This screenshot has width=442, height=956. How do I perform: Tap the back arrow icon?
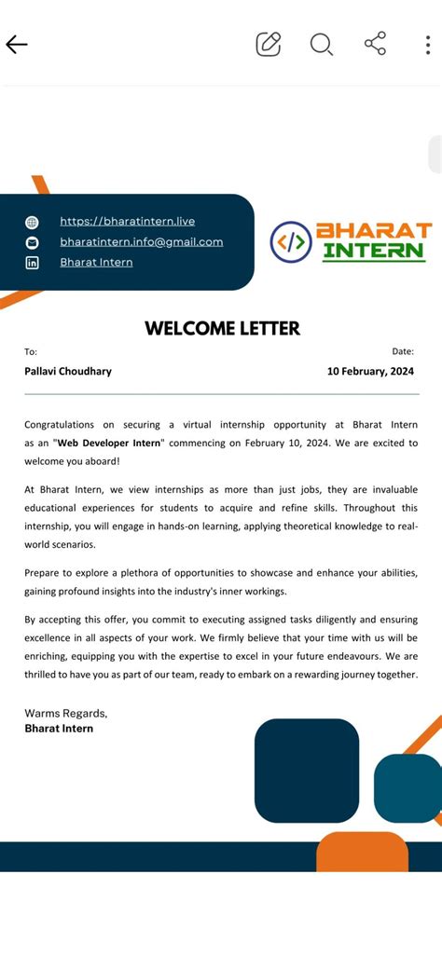17,44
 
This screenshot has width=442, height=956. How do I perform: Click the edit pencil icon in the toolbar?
269,44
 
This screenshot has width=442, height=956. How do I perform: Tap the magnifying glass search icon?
322,44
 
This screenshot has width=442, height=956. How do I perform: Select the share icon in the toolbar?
375,44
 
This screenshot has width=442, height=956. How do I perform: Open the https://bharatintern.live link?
127,221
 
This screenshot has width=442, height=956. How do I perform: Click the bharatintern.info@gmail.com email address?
141,241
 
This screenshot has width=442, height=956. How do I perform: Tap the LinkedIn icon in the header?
32,263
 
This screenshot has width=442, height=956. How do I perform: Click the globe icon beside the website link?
32,222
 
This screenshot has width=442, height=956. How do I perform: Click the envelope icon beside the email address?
32,242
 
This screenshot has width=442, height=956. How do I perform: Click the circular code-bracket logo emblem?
290,242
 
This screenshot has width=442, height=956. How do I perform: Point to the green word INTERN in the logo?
373,251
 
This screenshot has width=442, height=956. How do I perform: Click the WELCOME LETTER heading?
222,328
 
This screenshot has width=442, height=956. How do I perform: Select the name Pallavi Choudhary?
68,371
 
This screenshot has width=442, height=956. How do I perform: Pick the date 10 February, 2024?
370,371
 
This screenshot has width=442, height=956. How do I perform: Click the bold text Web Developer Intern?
108,443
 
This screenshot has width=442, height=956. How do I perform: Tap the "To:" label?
31,351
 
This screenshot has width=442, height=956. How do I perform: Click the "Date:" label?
403,351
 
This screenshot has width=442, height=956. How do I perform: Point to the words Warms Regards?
65,713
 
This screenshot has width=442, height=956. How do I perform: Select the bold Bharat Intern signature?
59,728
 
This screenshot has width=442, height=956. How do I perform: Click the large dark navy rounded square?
307,771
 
